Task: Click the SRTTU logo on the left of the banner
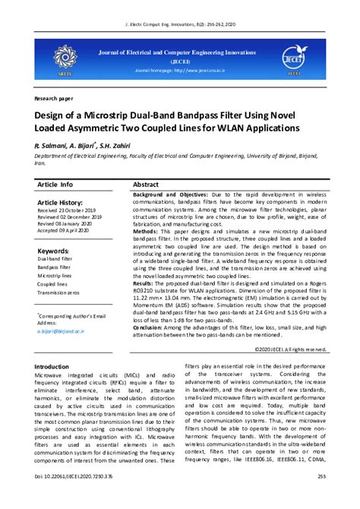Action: (x=63, y=59)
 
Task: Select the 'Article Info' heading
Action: (x=55, y=185)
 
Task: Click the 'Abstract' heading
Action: (x=146, y=185)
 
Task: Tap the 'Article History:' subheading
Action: (x=65, y=203)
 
